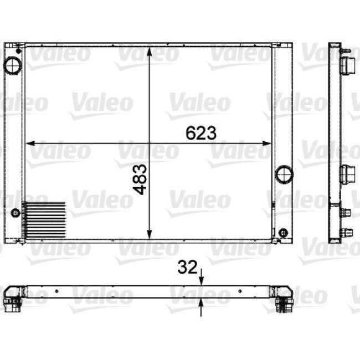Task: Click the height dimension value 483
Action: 141,178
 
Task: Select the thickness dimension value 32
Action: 187,268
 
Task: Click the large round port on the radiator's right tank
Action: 284,174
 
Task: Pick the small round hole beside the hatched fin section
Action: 16,212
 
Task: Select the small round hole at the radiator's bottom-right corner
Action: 283,232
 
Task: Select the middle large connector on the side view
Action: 347,174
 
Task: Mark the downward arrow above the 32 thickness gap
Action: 202,280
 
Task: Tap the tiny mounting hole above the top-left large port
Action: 18,51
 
